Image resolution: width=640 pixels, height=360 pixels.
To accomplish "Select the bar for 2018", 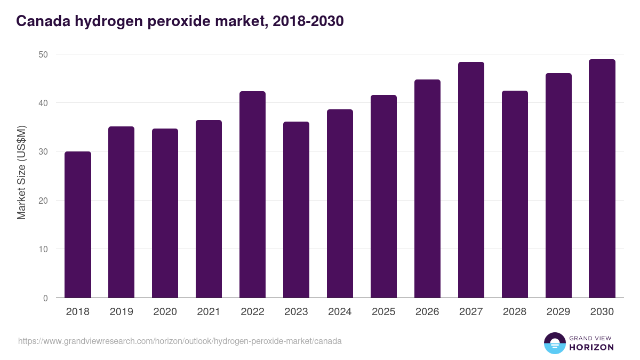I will point(78,225).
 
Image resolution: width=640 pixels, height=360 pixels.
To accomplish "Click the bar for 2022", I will point(252,195).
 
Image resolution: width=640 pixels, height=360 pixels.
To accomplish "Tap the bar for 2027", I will point(471,180).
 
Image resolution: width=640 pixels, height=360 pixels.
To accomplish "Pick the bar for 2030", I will point(602,179).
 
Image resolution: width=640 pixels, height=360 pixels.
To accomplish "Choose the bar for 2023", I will point(296,210).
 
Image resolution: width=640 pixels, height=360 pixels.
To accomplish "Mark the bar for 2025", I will point(383,196).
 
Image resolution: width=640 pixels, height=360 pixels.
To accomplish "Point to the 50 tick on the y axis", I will point(43,54).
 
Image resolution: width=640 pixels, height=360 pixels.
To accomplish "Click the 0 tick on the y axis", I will point(45,298).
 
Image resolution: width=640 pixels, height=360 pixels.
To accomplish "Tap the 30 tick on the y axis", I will point(43,152).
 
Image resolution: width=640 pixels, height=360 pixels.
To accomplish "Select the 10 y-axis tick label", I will point(43,250).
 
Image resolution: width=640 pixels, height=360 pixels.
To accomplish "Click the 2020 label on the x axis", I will point(165,312).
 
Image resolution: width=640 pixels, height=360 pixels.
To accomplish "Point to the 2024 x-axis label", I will point(340,312).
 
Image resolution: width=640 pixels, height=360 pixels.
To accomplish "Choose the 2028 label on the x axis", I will point(515,312).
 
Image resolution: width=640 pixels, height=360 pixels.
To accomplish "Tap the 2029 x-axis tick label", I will point(558,312).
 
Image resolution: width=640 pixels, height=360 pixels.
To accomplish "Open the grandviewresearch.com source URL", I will point(180,341).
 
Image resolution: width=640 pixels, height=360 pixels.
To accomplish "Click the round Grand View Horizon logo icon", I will point(555,343).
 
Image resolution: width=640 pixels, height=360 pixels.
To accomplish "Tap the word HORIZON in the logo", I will point(591,347).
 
